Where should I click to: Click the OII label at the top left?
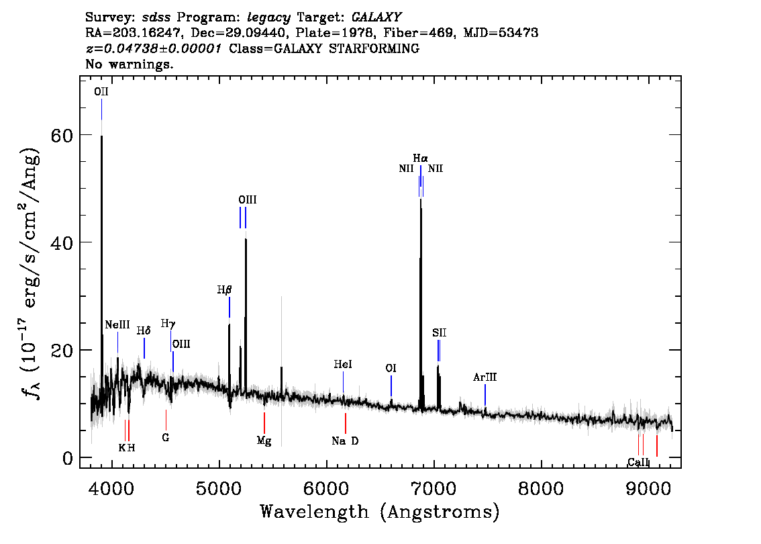pos(101,92)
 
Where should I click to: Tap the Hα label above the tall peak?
pos(420,158)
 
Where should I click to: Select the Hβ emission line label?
pos(224,290)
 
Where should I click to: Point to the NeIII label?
pos(117,324)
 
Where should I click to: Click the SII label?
pos(440,332)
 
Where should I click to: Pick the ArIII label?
pos(485,377)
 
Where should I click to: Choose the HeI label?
pos(343,364)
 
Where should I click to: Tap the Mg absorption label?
pos(264,441)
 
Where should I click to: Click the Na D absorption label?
pos(345,441)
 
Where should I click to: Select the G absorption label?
pos(166,438)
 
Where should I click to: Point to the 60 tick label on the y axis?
pos(62,135)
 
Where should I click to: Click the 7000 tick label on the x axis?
pos(433,488)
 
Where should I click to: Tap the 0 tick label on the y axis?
pos(68,458)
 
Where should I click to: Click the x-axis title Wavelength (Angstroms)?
pos(380,512)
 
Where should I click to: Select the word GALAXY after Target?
pos(376,17)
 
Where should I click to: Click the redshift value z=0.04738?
pos(121,48)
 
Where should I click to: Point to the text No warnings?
pos(129,64)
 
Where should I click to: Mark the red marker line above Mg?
pos(264,422)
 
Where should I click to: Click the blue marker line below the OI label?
pos(391,386)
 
